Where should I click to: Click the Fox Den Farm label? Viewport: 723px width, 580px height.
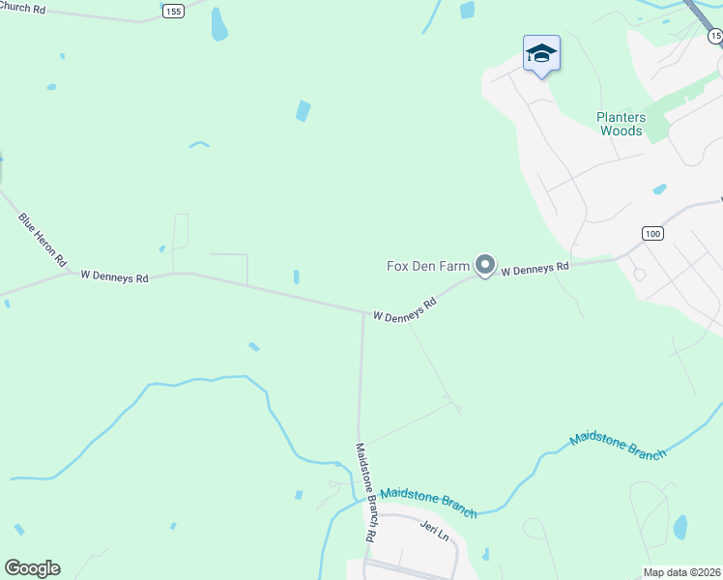(x=427, y=265)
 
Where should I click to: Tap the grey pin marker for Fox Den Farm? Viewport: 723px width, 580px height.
(x=485, y=265)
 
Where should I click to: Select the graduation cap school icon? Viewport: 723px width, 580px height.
(x=541, y=54)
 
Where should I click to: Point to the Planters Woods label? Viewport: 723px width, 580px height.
(x=621, y=124)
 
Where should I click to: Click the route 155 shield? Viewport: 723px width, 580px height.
(x=173, y=11)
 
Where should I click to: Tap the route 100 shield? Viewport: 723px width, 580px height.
(x=652, y=234)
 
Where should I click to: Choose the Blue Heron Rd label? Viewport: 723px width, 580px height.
(x=43, y=240)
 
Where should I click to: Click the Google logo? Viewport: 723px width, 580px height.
(x=32, y=568)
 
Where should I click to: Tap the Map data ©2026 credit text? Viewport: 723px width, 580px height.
(x=681, y=571)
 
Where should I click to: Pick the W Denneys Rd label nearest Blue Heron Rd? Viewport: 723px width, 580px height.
(x=114, y=276)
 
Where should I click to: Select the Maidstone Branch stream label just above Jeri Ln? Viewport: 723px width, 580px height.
(x=428, y=498)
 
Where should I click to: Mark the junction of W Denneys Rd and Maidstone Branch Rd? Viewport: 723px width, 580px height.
(x=363, y=312)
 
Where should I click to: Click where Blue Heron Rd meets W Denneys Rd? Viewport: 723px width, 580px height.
(x=70, y=273)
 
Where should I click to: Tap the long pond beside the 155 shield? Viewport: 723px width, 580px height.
(x=219, y=24)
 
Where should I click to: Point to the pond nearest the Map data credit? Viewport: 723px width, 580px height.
(x=680, y=528)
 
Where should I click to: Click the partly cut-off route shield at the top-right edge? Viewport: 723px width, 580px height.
(x=715, y=35)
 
